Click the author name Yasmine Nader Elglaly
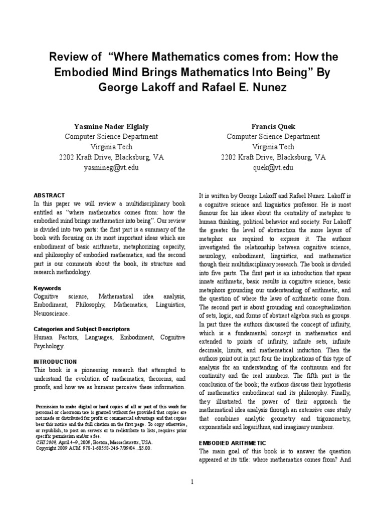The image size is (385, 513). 111,125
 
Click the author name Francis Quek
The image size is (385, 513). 273,125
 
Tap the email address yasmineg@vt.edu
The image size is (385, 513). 111,167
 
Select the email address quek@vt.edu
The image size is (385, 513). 273,167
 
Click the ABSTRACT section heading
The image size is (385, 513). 49,195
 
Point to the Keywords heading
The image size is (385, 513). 47,288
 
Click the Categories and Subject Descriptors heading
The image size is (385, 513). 82,329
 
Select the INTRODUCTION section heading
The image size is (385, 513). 55,361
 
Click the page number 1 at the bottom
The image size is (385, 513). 192,482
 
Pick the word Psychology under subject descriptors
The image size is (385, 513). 49,346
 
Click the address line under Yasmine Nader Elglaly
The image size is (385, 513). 111,157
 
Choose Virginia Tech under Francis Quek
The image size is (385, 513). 273,146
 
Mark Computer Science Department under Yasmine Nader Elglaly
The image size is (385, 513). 111,136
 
